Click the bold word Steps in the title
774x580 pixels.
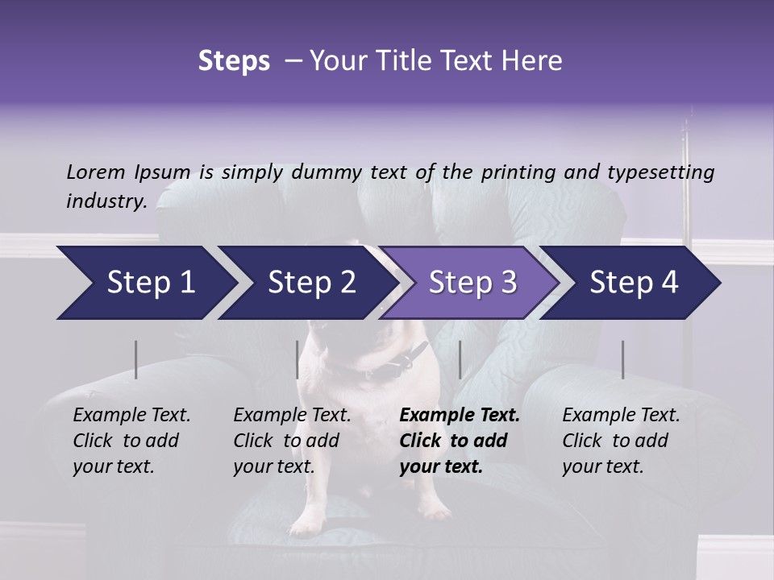point(234,61)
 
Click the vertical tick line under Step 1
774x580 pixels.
point(136,359)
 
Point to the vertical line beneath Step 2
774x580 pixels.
point(298,359)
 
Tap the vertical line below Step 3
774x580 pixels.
point(460,359)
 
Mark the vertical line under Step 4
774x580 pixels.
point(622,359)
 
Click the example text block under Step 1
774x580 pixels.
point(131,441)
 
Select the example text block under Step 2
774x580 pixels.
point(292,441)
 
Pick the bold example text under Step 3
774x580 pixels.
point(459,441)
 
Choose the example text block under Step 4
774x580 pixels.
point(621,441)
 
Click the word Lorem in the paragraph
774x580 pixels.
point(96,172)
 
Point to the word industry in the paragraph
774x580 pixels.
point(106,201)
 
